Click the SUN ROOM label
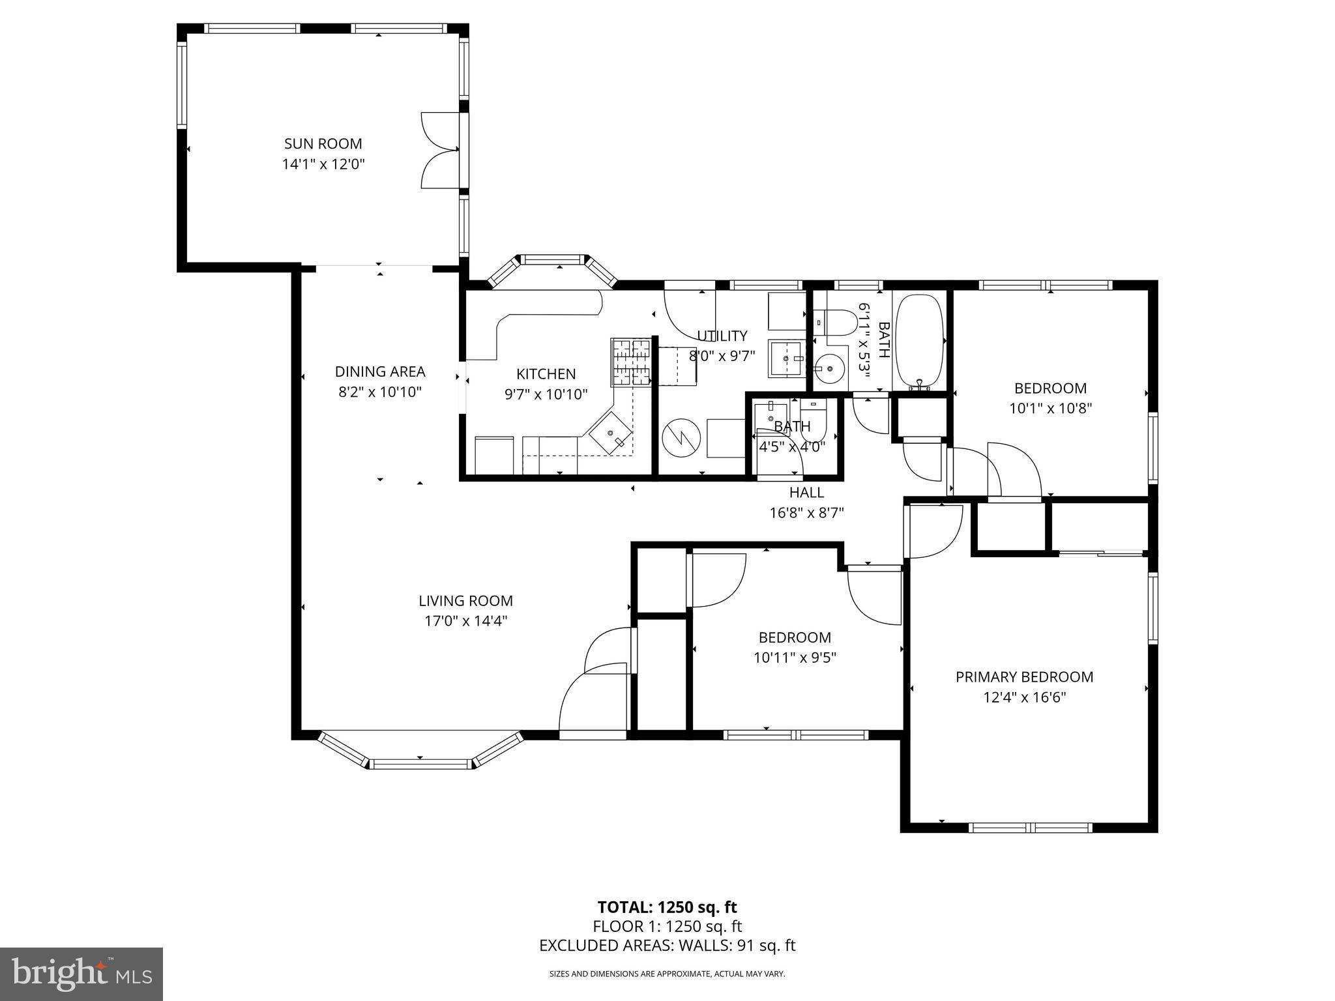coord(323,143)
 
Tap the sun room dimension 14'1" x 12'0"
coord(323,164)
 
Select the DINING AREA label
coord(379,371)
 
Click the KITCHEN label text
coord(546,374)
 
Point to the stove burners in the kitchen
coord(630,362)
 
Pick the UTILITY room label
coord(722,336)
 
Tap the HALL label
coord(806,493)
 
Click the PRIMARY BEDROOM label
coord(1024,677)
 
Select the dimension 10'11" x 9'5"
coord(795,658)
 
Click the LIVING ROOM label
coord(465,601)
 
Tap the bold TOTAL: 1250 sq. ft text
coord(667,907)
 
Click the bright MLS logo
coord(81,974)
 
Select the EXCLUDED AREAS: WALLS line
coord(667,946)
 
